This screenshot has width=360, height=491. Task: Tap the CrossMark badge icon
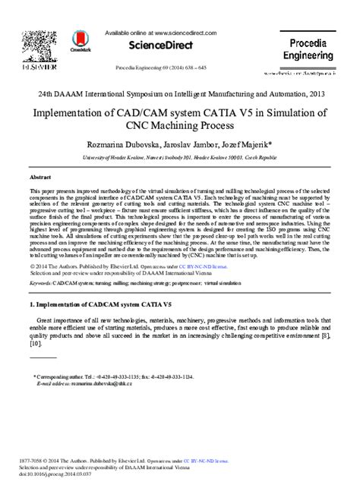(x=80, y=41)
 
